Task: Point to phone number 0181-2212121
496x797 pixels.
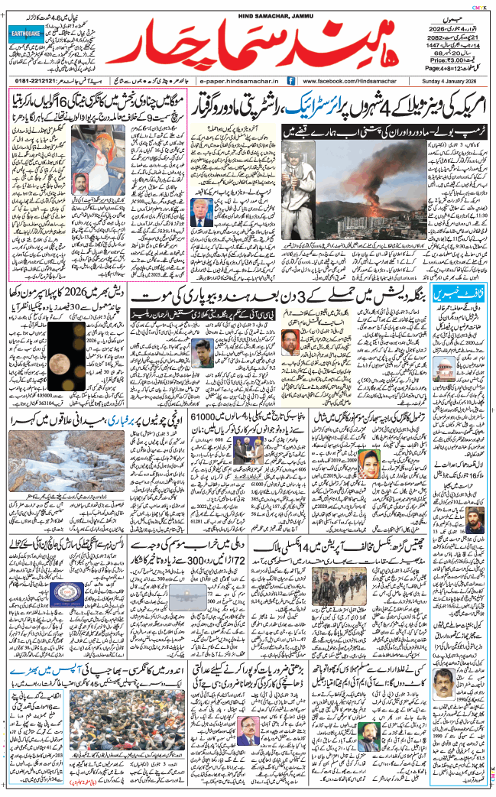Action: click(x=37, y=79)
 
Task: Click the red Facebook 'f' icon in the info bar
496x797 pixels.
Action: click(x=291, y=79)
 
